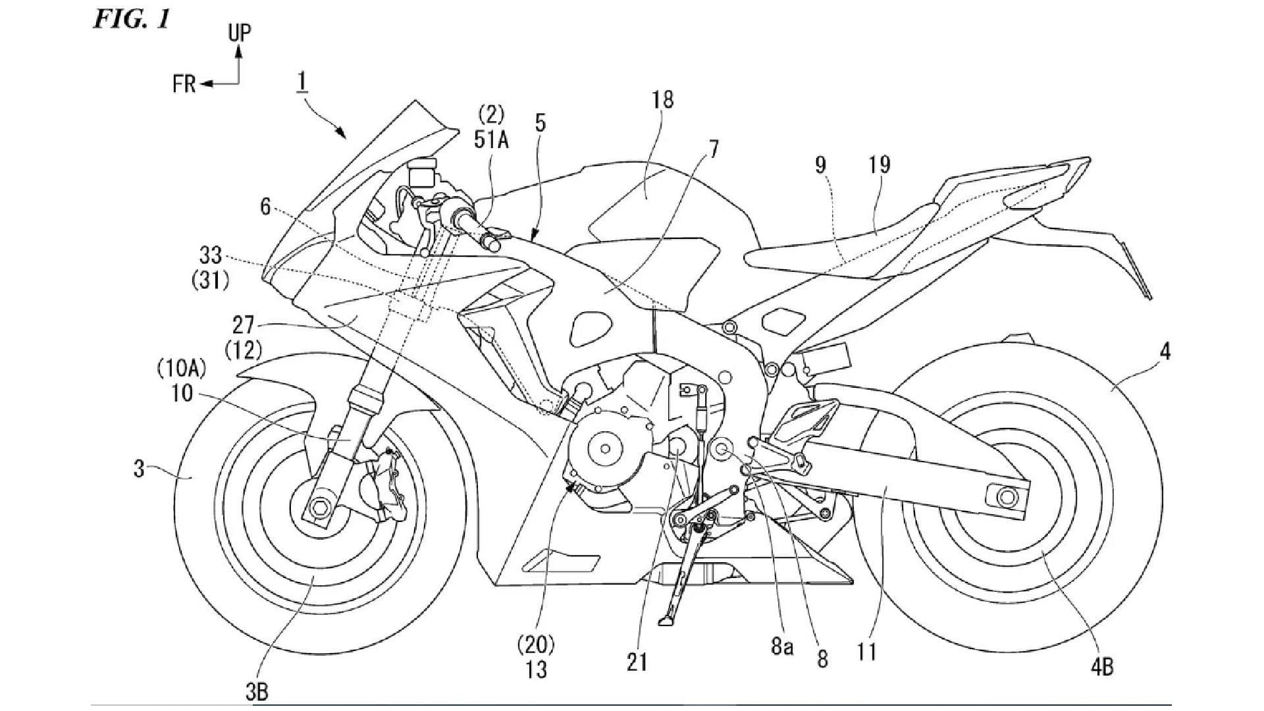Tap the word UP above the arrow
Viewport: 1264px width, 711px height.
pos(240,33)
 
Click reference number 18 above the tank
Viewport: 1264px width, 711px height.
pos(663,99)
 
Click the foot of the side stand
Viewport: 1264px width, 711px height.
pos(666,621)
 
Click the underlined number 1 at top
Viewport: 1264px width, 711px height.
pos(302,82)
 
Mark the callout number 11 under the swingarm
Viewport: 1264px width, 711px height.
pos(867,652)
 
